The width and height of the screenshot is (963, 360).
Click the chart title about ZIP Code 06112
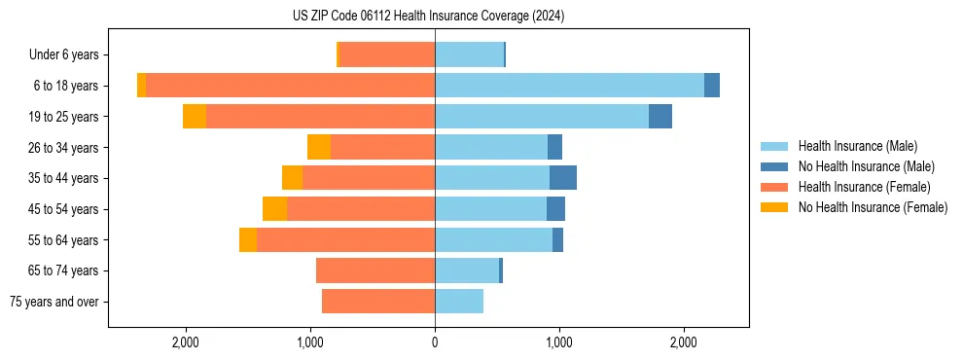pyautogui.click(x=428, y=17)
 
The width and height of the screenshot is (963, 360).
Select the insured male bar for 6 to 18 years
pyautogui.click(x=569, y=86)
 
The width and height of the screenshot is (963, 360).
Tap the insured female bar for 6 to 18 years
pyautogui.click(x=290, y=86)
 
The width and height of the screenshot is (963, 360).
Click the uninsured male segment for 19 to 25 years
pyautogui.click(x=660, y=117)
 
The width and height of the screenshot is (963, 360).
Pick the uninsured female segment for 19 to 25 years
pyautogui.click(x=195, y=117)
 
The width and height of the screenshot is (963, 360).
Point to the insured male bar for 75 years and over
pyautogui.click(x=459, y=302)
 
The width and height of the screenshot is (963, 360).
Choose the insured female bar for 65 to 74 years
pyautogui.click(x=375, y=270)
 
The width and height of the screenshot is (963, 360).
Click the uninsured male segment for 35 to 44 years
pyautogui.click(x=563, y=178)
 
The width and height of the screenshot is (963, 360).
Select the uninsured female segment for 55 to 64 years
pyautogui.click(x=248, y=240)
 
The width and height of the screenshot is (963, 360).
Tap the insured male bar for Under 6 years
pyautogui.click(x=469, y=54)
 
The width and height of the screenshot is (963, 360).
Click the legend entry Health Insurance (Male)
pyautogui.click(x=857, y=146)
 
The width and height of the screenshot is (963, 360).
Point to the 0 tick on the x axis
pyautogui.click(x=435, y=342)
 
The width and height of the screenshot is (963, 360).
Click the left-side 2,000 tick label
pyautogui.click(x=186, y=342)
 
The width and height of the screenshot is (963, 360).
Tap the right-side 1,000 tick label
pyautogui.click(x=559, y=342)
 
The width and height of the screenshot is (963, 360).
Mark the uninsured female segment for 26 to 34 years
pyautogui.click(x=319, y=147)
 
